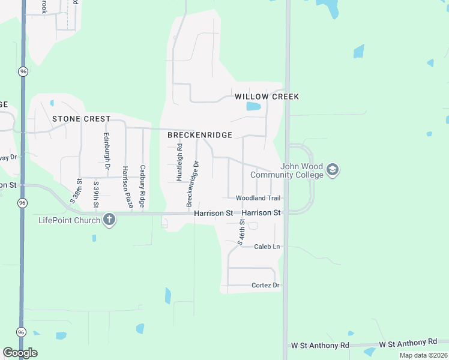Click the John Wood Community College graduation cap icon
(x=333, y=171)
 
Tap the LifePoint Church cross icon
(x=109, y=220)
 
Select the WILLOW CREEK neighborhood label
(x=267, y=97)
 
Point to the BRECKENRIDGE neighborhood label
(x=199, y=136)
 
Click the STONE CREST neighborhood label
(x=81, y=119)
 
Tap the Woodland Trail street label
(x=258, y=198)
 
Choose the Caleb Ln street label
(x=267, y=247)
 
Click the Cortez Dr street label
(x=266, y=285)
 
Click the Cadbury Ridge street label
(x=143, y=187)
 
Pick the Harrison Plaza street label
(x=127, y=188)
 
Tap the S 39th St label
(x=95, y=194)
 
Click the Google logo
(x=20, y=353)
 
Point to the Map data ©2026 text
(x=423, y=355)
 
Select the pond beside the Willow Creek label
(x=253, y=107)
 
